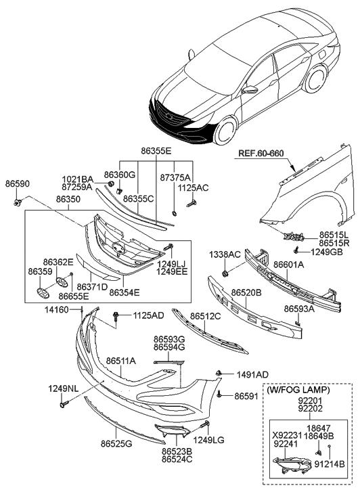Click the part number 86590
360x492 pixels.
(x=17, y=184)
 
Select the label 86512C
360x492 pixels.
(x=206, y=315)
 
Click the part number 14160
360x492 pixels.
(x=58, y=309)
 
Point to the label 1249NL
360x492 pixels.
(x=63, y=388)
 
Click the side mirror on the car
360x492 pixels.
(x=251, y=89)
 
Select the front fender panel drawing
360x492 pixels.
(x=305, y=200)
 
